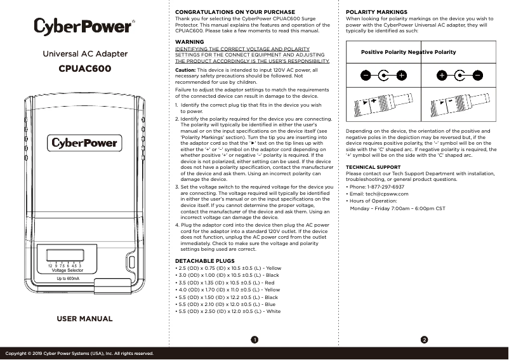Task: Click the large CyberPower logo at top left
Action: click(x=84, y=27)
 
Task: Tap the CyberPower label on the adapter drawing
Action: click(x=84, y=143)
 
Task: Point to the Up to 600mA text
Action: click(x=68, y=279)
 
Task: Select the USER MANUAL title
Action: click(x=84, y=318)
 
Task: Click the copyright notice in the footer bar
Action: click(x=79, y=353)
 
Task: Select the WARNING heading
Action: click(x=189, y=41)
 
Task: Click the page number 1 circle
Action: click(x=253, y=339)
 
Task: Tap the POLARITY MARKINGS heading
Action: click(x=376, y=12)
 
